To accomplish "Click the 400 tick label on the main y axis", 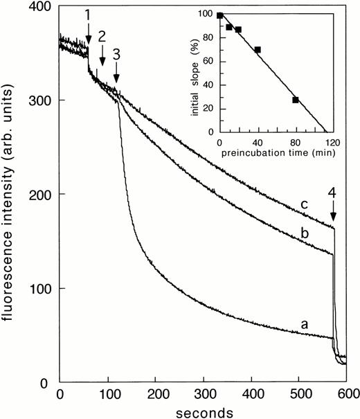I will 42,7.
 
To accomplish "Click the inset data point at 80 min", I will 296,100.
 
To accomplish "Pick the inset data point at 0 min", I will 219,15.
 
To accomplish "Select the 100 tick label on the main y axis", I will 42,288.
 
